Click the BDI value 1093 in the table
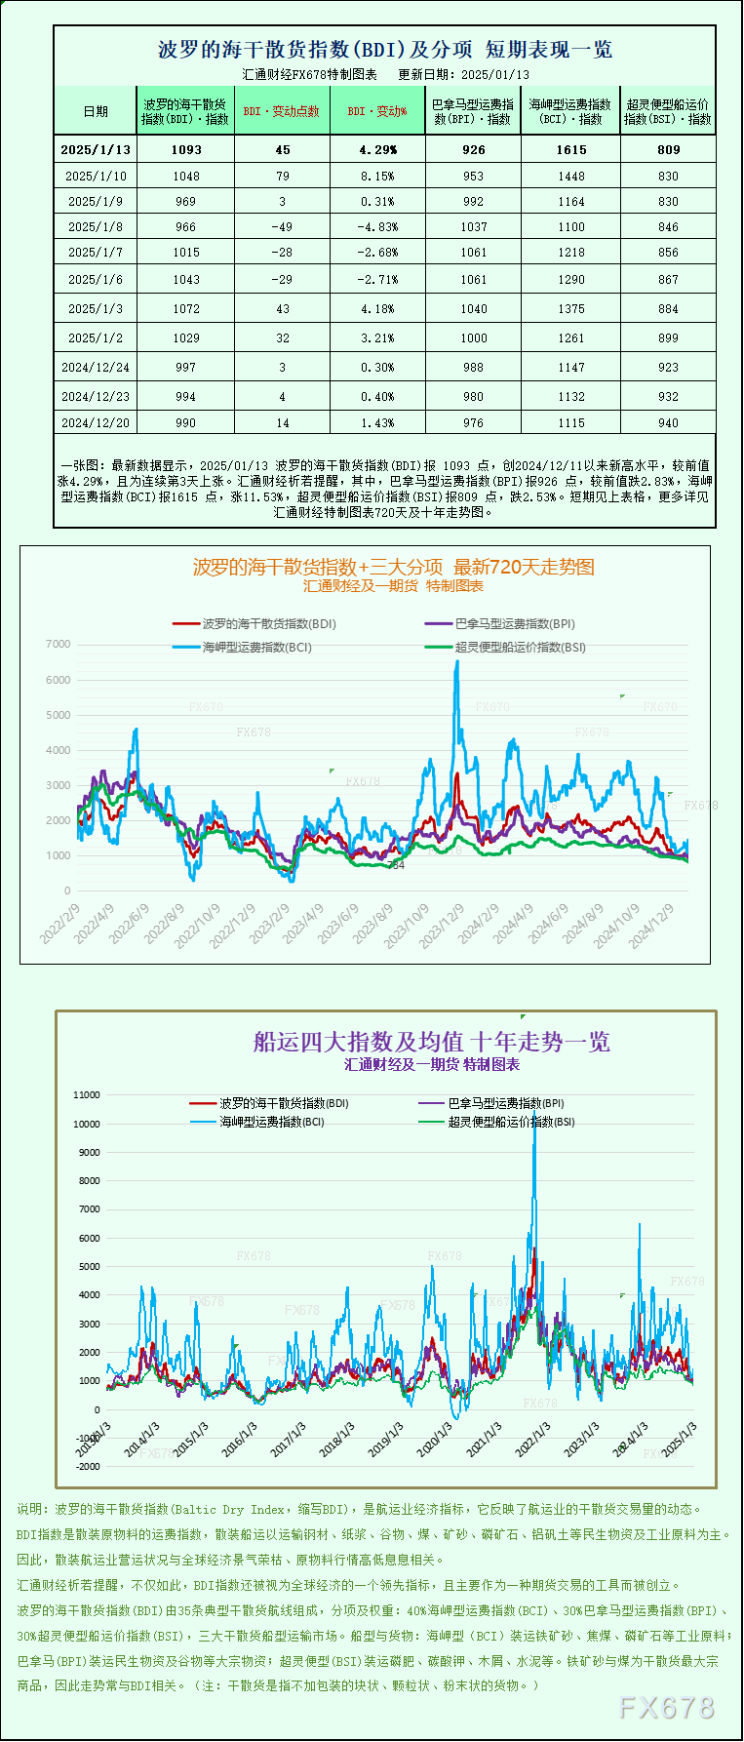click(x=185, y=149)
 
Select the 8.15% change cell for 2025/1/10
click(x=377, y=177)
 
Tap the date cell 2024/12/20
click(x=95, y=423)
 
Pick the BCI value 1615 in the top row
click(x=571, y=149)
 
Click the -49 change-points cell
click(x=282, y=227)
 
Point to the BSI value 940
click(x=668, y=423)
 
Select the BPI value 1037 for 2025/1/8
click(x=474, y=227)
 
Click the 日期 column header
click(x=96, y=111)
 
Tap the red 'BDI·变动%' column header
click(x=377, y=111)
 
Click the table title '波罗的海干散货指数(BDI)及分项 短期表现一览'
click(x=385, y=50)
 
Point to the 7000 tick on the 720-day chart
click(x=59, y=645)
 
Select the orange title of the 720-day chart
click(x=393, y=567)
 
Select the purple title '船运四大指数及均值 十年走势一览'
click(x=431, y=1042)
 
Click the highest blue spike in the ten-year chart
click(x=534, y=1112)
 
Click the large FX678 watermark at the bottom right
click(x=667, y=1707)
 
